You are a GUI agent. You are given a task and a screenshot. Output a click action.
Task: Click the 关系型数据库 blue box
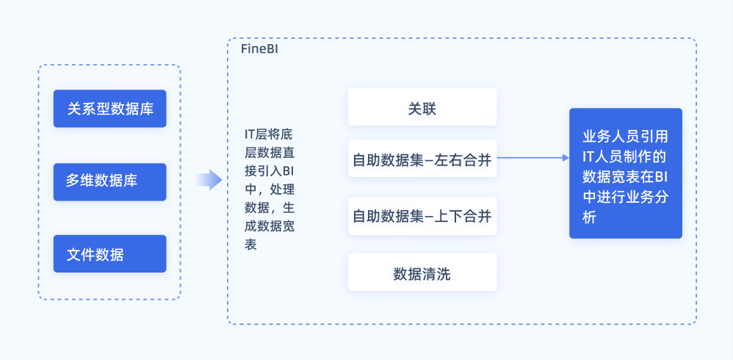coord(110,109)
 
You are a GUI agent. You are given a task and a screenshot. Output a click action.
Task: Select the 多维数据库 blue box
coord(110,181)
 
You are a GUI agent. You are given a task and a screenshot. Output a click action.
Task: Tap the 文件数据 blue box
coord(110,254)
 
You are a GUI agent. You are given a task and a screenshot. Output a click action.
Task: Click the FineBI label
coord(259,49)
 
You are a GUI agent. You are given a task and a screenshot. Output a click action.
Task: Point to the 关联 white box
coord(422,107)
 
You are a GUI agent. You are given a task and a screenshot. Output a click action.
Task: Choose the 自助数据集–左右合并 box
coord(422,159)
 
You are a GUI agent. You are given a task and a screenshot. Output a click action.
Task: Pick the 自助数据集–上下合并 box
coord(422,216)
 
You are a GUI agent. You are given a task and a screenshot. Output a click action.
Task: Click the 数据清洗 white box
coord(422,273)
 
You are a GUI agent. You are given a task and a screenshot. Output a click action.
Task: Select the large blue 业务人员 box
coord(625,173)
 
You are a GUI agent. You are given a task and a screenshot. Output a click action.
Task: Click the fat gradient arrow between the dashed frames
coord(209,179)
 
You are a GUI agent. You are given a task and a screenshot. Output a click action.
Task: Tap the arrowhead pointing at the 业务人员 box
coord(563,157)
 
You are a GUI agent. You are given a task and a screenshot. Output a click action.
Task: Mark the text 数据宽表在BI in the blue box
coord(625,177)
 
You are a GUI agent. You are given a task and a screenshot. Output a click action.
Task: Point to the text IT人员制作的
coord(625,156)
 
